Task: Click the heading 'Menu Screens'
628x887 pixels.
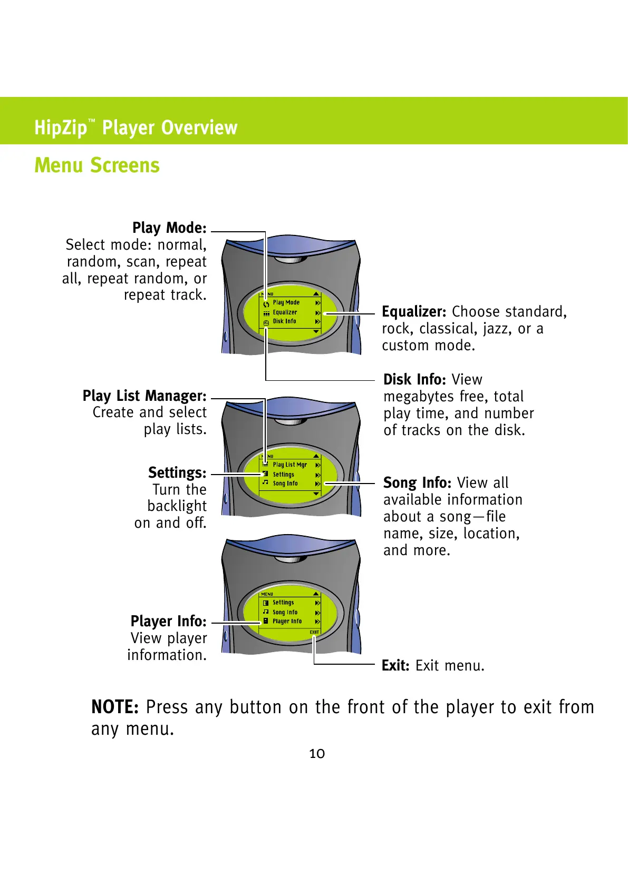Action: (96, 165)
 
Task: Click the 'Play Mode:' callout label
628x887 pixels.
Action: (169, 228)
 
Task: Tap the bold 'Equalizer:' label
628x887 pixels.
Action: (414, 312)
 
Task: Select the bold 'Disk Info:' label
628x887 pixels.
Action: (414, 379)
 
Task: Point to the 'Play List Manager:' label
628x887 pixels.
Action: (144, 396)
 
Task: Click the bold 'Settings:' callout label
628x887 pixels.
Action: (177, 472)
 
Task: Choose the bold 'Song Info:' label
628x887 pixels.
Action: (417, 482)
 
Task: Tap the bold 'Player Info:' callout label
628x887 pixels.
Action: (168, 621)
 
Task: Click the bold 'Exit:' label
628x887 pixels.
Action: (395, 666)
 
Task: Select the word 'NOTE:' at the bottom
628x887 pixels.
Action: (115, 707)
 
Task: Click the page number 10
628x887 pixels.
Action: (317, 754)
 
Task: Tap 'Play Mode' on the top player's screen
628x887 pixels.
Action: (286, 303)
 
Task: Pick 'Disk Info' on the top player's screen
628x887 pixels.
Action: (284, 321)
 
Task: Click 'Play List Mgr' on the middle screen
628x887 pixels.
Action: (289, 465)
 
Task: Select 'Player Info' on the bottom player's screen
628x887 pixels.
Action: (287, 622)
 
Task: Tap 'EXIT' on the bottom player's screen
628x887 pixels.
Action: (314, 632)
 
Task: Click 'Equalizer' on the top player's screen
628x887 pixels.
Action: (285, 312)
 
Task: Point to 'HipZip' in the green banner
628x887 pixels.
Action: (61, 128)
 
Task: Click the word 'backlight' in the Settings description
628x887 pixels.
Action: (177, 506)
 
